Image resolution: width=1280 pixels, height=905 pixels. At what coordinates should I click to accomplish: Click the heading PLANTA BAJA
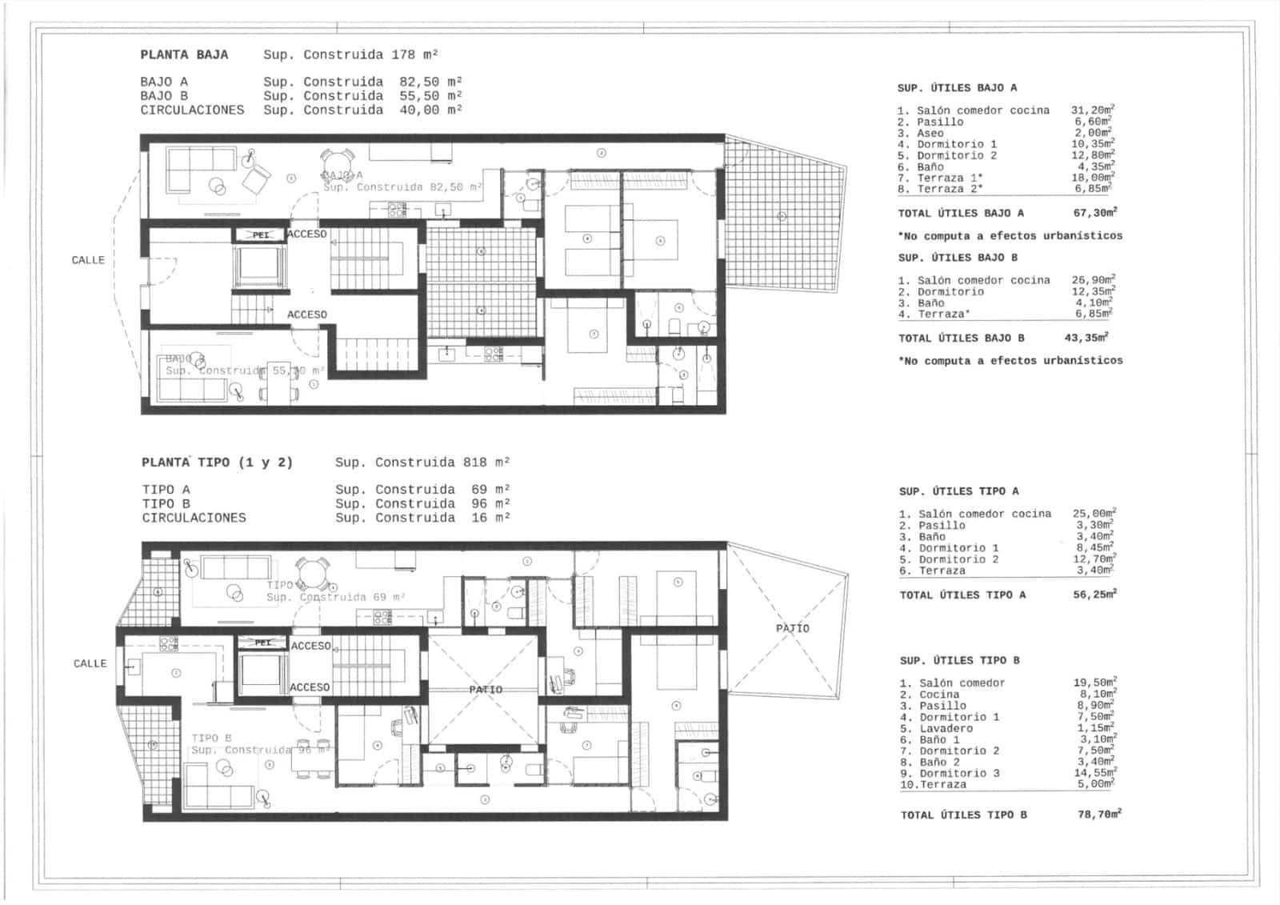point(184,55)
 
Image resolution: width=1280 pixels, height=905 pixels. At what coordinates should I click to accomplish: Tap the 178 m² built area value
point(414,55)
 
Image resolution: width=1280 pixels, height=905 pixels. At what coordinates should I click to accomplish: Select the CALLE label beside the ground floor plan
point(88,260)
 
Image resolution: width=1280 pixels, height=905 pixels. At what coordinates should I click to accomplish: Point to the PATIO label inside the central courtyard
point(486,690)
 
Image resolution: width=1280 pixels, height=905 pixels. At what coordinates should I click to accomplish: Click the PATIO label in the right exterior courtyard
point(792,629)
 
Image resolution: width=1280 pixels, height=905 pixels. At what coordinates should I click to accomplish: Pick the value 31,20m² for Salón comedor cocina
point(1093,110)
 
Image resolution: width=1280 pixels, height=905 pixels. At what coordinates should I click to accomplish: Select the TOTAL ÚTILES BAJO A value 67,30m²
point(1094,213)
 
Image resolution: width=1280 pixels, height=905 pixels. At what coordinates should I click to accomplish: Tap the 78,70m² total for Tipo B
point(1099,815)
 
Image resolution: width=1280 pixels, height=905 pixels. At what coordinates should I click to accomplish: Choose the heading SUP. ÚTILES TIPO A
point(958,491)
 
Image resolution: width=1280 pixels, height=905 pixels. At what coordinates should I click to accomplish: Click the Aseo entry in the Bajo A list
point(930,134)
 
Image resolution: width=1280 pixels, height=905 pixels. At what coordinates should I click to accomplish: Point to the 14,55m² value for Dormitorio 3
point(1094,774)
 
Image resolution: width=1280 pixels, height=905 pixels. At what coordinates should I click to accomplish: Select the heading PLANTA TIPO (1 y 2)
point(217,463)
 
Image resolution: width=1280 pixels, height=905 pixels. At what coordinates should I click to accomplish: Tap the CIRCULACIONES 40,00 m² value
point(430,110)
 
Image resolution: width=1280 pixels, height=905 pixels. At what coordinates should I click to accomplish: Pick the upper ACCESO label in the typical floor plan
point(310,646)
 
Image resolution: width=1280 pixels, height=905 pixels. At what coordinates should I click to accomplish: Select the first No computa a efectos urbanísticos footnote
point(1010,236)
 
